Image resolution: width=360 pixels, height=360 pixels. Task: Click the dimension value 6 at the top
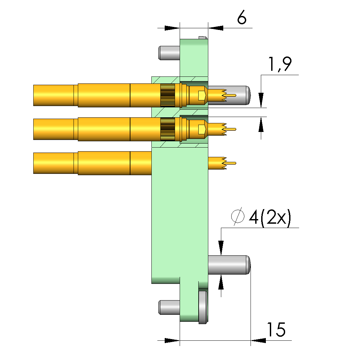pos(242,17)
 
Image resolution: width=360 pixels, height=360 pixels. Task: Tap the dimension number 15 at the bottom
pos(276,329)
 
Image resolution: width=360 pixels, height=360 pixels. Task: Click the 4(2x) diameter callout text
pos(270,217)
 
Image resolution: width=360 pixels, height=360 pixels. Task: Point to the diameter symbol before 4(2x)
pos(238,216)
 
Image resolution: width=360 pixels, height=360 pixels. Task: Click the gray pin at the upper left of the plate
pos(169,53)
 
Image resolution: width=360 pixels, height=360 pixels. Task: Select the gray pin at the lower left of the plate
pos(169,307)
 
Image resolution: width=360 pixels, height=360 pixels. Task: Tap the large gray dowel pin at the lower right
pos(229,265)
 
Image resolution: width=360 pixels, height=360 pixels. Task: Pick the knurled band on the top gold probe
pos(168,95)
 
